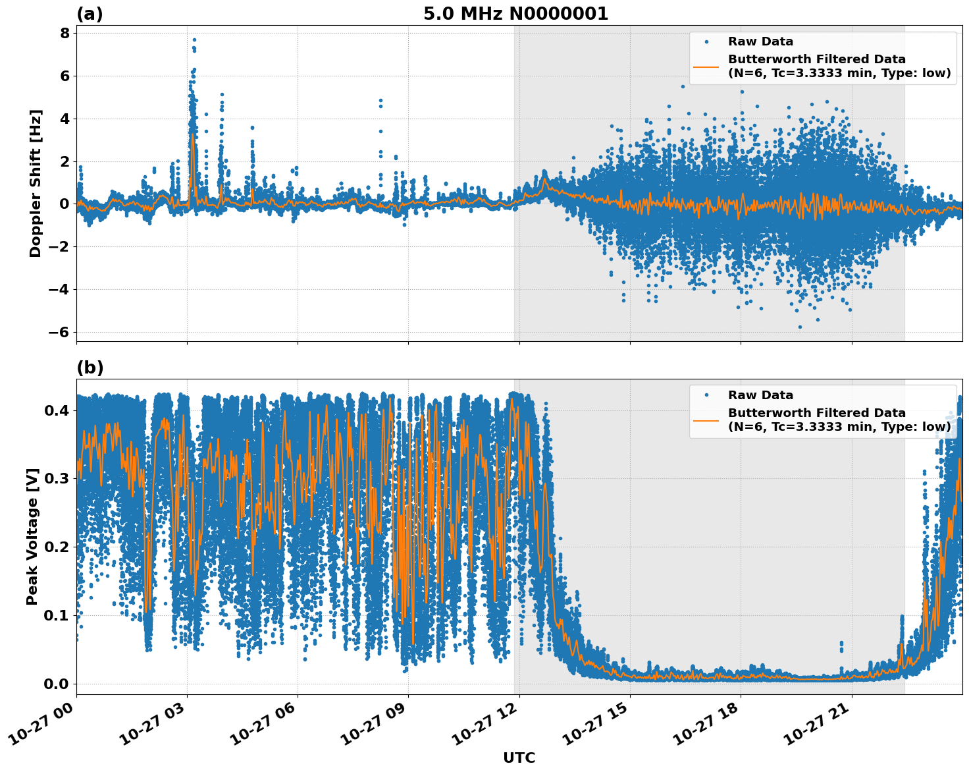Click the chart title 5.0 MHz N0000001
[x=515, y=14]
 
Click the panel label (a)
[x=90, y=14]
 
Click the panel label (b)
[x=90, y=368]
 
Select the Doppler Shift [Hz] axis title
[x=36, y=183]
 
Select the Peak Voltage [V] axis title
[x=32, y=536]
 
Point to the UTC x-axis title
[x=519, y=758]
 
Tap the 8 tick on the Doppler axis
[x=65, y=34]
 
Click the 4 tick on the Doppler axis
[x=65, y=119]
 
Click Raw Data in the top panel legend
[x=760, y=41]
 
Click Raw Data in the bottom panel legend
[x=760, y=395]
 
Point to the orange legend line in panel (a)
[x=706, y=66]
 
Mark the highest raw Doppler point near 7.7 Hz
[x=194, y=40]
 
